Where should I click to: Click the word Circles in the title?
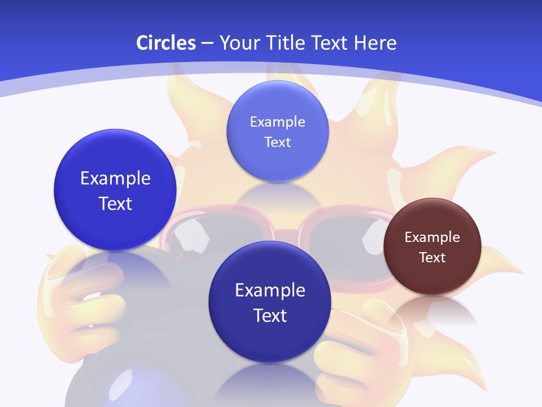pyautogui.click(x=166, y=43)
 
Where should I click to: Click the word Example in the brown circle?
pyautogui.click(x=432, y=237)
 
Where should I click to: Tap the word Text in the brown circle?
pyautogui.click(x=432, y=257)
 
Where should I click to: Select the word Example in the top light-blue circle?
pyautogui.click(x=277, y=122)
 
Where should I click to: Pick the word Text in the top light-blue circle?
pyautogui.click(x=277, y=142)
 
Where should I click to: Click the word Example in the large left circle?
pyautogui.click(x=115, y=178)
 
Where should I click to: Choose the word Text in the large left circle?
pyautogui.click(x=115, y=203)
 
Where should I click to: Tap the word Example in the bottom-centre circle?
pyautogui.click(x=270, y=290)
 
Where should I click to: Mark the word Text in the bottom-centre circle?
pyautogui.click(x=270, y=315)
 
